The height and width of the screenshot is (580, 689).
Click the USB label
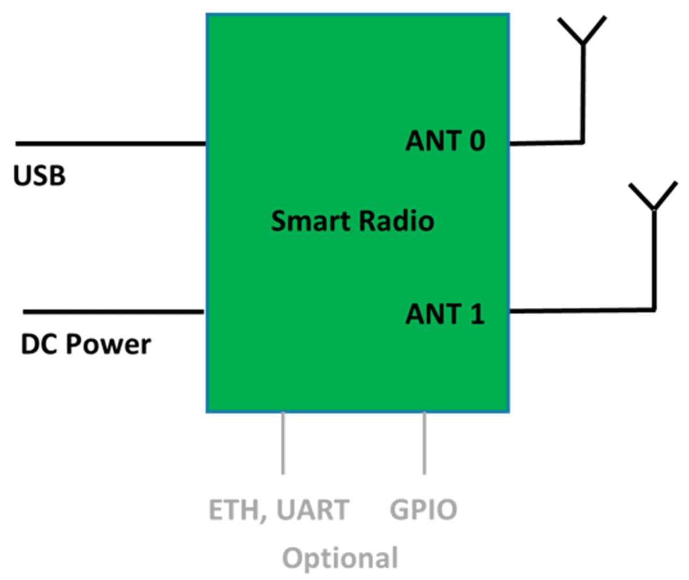point(39,176)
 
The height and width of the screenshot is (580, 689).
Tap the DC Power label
point(86,345)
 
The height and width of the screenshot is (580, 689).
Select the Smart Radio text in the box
point(352,221)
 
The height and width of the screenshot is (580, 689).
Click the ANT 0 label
point(445,141)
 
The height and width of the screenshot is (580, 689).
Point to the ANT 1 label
point(445,314)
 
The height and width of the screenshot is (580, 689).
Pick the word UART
point(313,510)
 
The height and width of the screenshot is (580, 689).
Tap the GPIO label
point(423,510)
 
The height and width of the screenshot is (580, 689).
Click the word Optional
point(340,558)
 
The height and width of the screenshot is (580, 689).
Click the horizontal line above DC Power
point(113,312)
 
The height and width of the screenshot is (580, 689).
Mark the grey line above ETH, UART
point(282,443)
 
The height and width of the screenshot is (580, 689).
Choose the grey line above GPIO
point(424,443)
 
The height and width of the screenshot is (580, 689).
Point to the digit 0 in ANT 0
point(477,141)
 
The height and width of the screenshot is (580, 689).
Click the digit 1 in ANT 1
point(477,314)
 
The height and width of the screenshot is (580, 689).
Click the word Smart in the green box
point(311,221)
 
